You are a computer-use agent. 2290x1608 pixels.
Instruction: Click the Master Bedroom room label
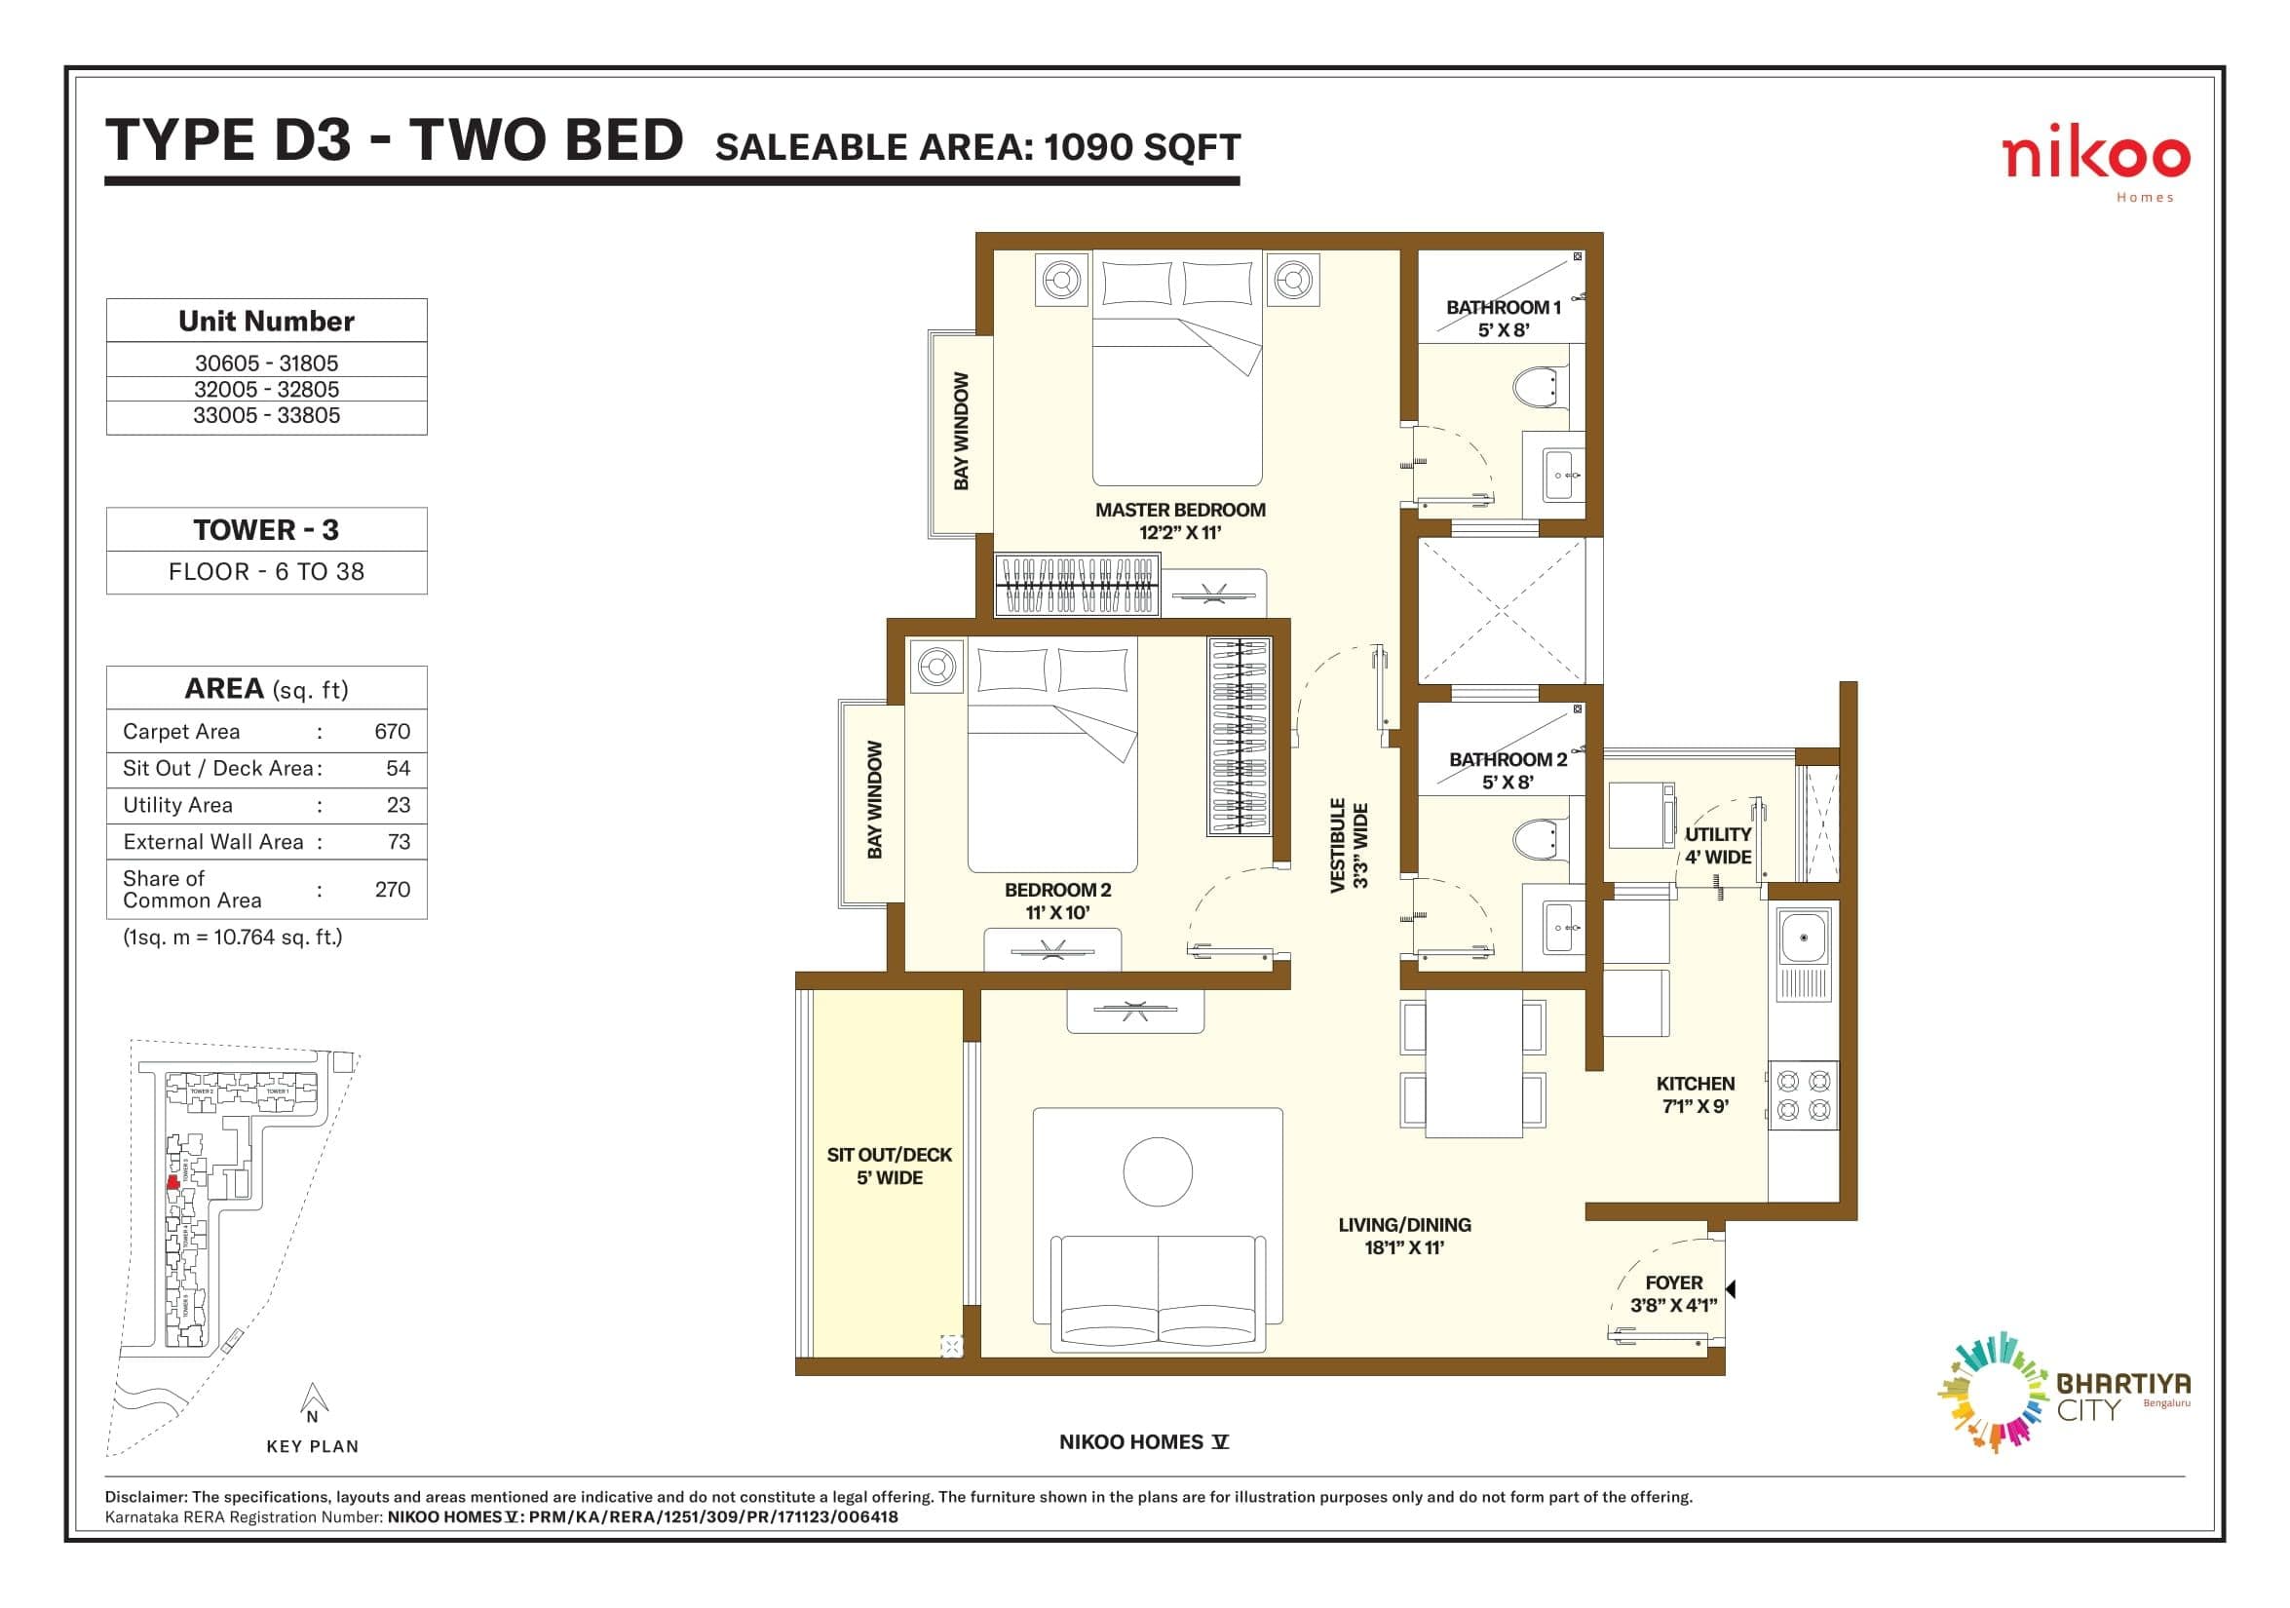click(x=1180, y=520)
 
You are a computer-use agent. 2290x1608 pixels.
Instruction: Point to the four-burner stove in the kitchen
click(x=1804, y=1095)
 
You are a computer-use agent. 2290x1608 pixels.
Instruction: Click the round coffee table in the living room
click(x=1157, y=1172)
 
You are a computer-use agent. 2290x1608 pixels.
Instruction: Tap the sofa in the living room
click(x=1157, y=1295)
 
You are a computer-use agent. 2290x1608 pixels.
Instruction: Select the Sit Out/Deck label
click(x=889, y=1167)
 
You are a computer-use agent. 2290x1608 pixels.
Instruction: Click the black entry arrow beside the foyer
click(x=1732, y=1289)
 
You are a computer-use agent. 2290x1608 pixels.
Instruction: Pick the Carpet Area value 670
click(x=392, y=731)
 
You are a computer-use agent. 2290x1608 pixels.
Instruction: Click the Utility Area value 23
click(x=398, y=805)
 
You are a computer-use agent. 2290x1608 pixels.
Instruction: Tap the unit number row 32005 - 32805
click(x=266, y=389)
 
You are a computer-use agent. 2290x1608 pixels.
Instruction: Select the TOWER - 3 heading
click(x=266, y=530)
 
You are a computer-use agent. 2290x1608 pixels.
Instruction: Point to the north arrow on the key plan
click(x=313, y=1401)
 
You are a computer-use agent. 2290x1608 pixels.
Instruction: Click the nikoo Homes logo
click(x=2095, y=165)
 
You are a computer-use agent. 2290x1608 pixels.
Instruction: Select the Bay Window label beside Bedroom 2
click(x=875, y=800)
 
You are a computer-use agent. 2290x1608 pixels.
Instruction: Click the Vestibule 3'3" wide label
click(x=1350, y=845)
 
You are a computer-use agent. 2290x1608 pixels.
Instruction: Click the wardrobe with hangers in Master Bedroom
click(x=1077, y=587)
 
